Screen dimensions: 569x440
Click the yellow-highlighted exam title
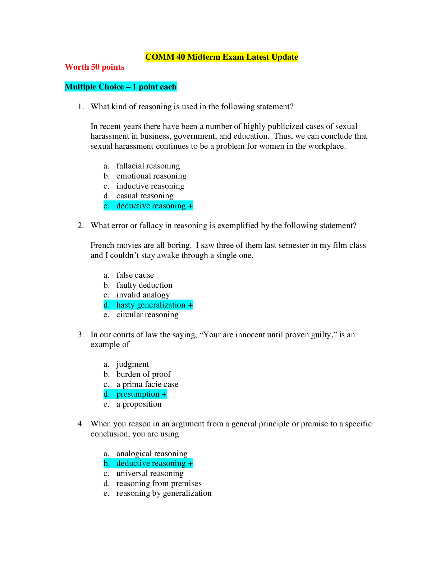tap(221, 57)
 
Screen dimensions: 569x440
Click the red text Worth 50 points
tap(95, 67)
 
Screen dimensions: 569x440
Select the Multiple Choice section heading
tap(120, 87)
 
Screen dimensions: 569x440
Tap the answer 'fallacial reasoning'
tap(148, 166)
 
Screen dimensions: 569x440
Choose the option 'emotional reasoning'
tap(151, 176)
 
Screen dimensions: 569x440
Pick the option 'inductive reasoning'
tap(150, 186)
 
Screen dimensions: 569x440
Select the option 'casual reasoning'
tap(145, 196)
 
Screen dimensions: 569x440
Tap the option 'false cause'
tap(135, 275)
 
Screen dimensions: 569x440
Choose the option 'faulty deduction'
tap(144, 285)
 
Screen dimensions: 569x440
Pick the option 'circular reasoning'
tap(147, 315)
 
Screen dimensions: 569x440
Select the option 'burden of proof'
tap(143, 374)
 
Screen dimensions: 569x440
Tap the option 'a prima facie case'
tap(147, 384)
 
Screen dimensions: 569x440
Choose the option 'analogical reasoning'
tap(152, 454)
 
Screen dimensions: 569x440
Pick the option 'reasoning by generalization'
tap(164, 493)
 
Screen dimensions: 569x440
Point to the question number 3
tap(81, 335)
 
